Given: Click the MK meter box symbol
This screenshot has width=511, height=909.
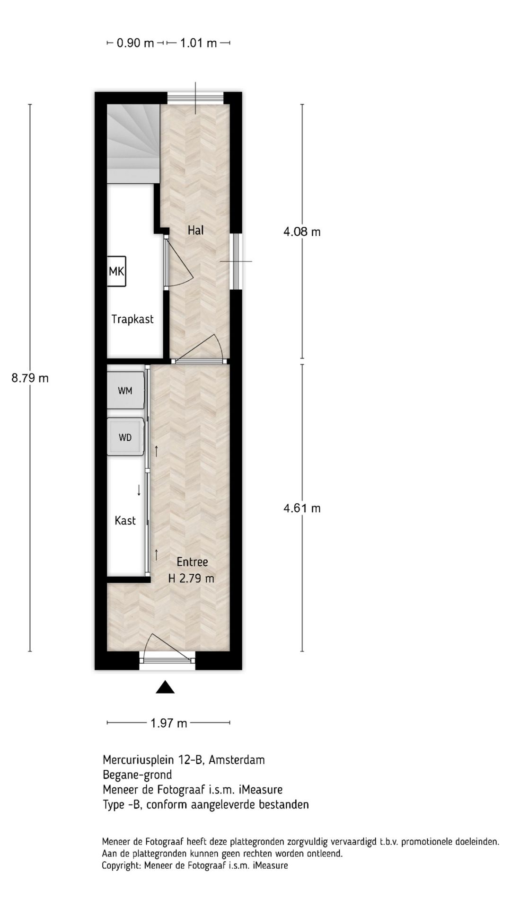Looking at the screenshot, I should coord(116,271).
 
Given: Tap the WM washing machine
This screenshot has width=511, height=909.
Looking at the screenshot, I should coord(125,391).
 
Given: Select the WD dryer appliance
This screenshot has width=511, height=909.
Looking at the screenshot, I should coord(125,437).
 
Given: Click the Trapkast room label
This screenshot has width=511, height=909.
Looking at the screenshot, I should coord(132,319).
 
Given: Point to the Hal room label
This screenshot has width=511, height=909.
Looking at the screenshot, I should coord(195,231).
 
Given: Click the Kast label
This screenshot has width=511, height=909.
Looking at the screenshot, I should coord(125,521).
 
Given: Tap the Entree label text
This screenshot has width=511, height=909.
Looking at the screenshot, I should coord(192,562).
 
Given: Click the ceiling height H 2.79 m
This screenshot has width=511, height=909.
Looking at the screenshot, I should coord(191,579).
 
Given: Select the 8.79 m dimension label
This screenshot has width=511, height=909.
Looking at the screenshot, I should coord(30,378).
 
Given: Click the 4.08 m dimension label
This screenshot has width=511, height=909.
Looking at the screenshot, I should coord(302,232).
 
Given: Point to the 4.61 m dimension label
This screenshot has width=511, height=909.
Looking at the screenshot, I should coord(302,508).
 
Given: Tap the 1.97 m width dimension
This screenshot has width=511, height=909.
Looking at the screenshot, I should coord(169,723).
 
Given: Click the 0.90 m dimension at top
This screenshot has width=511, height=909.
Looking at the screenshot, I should coord(135,43).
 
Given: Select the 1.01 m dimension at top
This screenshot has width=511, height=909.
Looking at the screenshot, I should coord(198,43).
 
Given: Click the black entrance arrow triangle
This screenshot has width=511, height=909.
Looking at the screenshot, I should coord(165,687).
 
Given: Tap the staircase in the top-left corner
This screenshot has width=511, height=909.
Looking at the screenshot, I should coord(132,142).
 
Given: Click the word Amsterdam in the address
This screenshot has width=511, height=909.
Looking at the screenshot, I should coord(237,760).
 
